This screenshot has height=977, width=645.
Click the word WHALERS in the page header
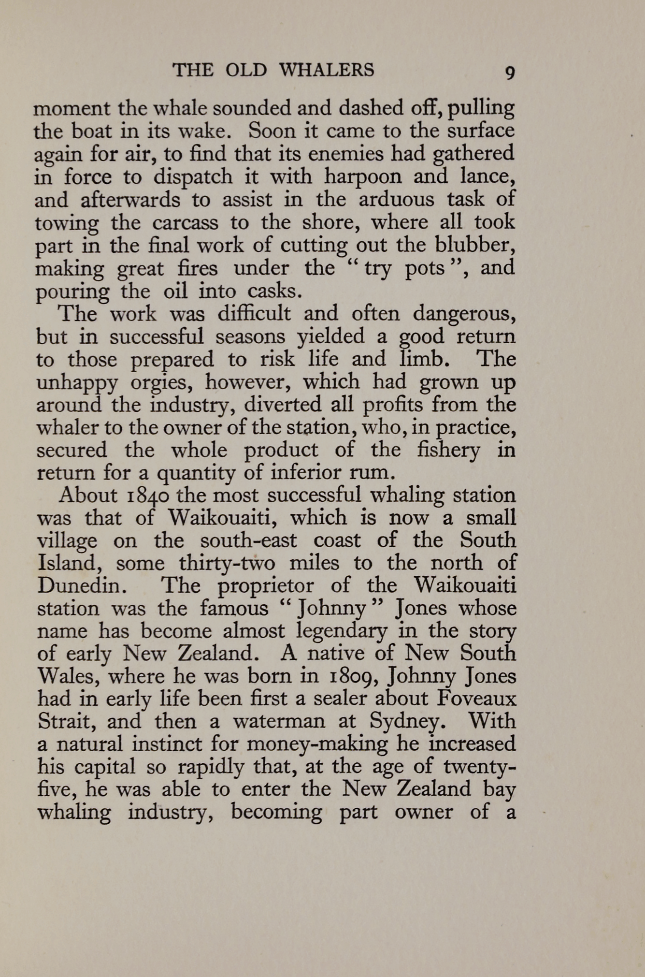pyautogui.click(x=327, y=71)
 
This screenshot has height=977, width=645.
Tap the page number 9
pyautogui.click(x=510, y=73)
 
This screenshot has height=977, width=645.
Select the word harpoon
pyautogui.click(x=362, y=176)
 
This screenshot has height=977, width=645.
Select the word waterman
pyautogui.click(x=281, y=722)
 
